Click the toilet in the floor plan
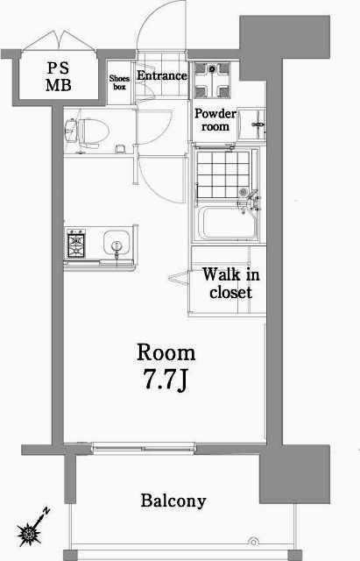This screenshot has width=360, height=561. (x=87, y=131)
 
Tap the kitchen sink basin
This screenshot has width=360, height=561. (x=116, y=243)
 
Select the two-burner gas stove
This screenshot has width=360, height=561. (x=76, y=244)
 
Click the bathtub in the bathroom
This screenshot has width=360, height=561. (x=228, y=223)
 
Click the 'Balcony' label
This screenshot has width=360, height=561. (x=173, y=501)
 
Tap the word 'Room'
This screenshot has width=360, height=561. (x=166, y=352)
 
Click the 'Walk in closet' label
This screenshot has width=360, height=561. (x=230, y=283)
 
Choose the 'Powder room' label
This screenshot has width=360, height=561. (x=215, y=120)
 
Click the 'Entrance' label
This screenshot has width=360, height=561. (x=162, y=75)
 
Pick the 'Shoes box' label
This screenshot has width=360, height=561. (x=119, y=82)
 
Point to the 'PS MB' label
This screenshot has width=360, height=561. (x=59, y=76)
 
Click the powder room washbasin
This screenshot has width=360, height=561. (x=251, y=124)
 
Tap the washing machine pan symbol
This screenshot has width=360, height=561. (x=212, y=80)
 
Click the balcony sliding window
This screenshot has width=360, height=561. (x=143, y=447)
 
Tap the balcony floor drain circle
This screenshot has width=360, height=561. (x=253, y=542)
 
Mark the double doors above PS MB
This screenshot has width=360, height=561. (x=60, y=40)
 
